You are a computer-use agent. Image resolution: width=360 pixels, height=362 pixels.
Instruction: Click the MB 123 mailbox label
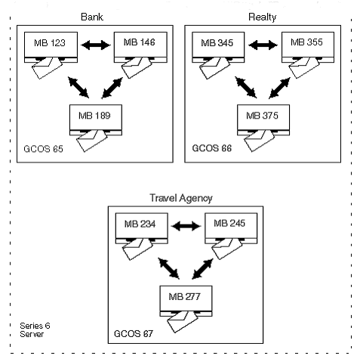[50, 43]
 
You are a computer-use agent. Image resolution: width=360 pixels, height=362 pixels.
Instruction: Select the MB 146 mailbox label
[140, 42]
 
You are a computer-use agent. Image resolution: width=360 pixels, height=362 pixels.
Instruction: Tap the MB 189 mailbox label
[94, 116]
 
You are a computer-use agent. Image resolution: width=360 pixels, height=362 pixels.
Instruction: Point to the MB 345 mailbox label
[217, 43]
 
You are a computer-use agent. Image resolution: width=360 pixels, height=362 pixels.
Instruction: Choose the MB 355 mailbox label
[306, 42]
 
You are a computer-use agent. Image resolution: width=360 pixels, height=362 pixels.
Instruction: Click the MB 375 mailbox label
[262, 116]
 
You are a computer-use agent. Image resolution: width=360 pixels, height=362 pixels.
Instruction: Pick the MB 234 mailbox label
[140, 224]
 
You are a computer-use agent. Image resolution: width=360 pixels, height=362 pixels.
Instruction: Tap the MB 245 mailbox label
[229, 223]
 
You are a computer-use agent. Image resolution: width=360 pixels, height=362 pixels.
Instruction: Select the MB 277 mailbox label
[184, 297]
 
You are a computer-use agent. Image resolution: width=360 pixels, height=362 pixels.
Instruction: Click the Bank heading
[92, 17]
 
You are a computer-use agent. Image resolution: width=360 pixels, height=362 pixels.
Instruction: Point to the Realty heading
[263, 17]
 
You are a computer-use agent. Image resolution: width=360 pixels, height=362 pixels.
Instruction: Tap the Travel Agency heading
[181, 198]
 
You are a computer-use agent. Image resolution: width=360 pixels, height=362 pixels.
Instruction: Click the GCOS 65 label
[43, 149]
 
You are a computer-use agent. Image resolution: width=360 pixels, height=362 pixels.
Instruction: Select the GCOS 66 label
[212, 148]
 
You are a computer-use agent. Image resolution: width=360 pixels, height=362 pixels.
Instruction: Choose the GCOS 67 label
[134, 334]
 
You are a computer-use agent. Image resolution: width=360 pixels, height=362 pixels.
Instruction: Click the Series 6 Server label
[35, 330]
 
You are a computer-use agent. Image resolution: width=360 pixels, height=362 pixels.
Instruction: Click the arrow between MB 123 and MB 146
[96, 45]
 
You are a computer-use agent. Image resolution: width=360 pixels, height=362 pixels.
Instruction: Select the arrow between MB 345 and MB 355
[263, 45]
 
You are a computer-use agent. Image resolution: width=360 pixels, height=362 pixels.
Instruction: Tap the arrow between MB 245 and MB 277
[202, 269]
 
